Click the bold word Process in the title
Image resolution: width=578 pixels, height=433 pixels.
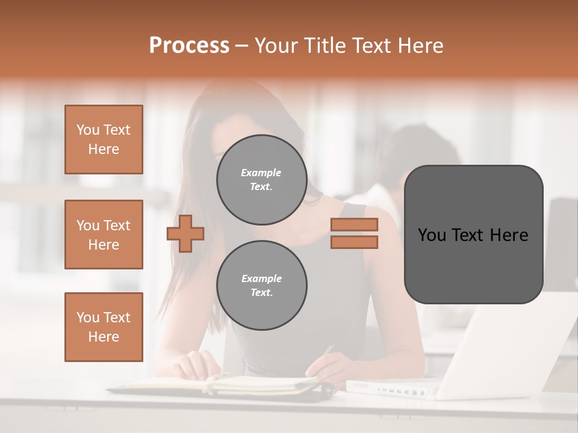coord(189,45)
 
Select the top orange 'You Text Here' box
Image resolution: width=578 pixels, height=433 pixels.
coord(104,140)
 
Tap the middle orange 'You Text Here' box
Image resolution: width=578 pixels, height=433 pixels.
coord(104,235)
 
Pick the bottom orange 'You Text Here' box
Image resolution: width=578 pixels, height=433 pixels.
coord(104,327)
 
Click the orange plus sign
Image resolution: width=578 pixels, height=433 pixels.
coord(185,233)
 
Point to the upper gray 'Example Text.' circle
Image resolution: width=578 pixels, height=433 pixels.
coord(261,180)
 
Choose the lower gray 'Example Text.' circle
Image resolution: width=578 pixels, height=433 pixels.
coord(261,286)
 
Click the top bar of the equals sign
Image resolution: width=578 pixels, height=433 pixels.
coord(354,224)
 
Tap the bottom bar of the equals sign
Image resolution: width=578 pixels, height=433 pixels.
coord(354,242)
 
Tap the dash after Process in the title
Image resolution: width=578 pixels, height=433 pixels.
coord(242,46)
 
